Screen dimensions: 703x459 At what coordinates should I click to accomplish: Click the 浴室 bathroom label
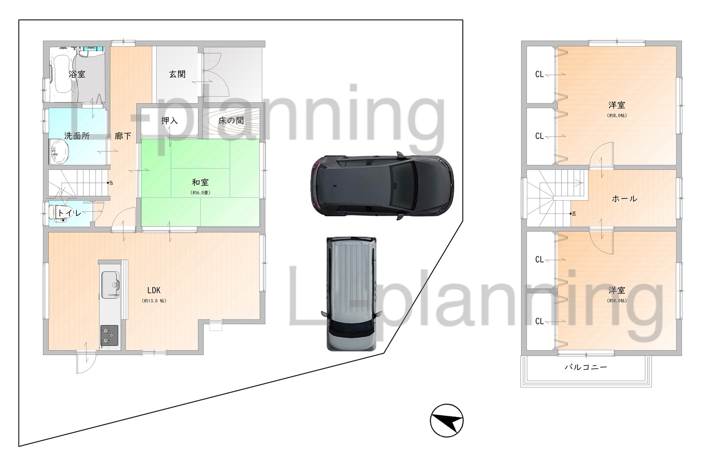pyautogui.click(x=77, y=74)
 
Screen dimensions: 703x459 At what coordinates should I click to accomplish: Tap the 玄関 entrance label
pyautogui.click(x=178, y=74)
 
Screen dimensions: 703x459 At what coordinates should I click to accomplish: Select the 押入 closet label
pyautogui.click(x=170, y=120)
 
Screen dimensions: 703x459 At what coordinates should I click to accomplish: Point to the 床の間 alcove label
pyautogui.click(x=231, y=120)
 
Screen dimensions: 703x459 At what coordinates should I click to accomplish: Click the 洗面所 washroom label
pyautogui.click(x=77, y=136)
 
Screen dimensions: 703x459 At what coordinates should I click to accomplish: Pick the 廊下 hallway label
pyautogui.click(x=122, y=136)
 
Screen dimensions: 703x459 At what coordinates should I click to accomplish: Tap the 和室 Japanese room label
pyautogui.click(x=200, y=182)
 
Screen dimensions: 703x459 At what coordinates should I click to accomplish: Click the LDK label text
pyautogui.click(x=154, y=290)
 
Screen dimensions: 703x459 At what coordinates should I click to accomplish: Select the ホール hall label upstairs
pyautogui.click(x=624, y=198)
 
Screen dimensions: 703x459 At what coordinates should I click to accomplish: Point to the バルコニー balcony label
pyautogui.click(x=586, y=367)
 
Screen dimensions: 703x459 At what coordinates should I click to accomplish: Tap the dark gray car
pyautogui.click(x=382, y=186)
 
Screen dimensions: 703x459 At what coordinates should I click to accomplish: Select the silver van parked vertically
pyautogui.click(x=351, y=294)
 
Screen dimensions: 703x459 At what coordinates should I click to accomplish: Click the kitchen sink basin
pyautogui.click(x=110, y=285)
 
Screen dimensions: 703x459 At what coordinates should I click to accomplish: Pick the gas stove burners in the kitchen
pyautogui.click(x=110, y=336)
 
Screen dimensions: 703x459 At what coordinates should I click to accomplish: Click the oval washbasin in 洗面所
pyautogui.click(x=59, y=152)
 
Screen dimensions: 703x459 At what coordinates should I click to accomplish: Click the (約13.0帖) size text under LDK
pyautogui.click(x=154, y=301)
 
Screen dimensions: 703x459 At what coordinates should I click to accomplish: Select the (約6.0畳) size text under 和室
pyautogui.click(x=200, y=193)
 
